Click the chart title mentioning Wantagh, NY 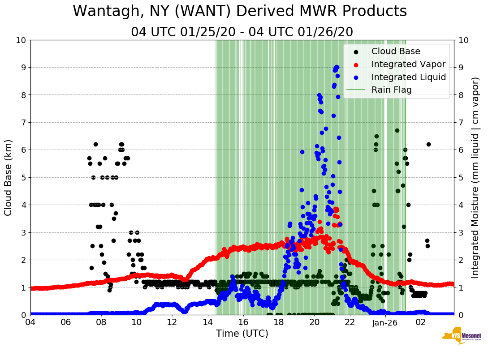[x=240, y=11]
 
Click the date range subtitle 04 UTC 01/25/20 [x=242, y=32]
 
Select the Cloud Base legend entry [x=396, y=51]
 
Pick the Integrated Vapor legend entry [x=408, y=64]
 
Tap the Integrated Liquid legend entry [x=408, y=77]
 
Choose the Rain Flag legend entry [x=391, y=90]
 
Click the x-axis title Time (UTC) [x=242, y=334]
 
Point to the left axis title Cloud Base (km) [x=9, y=177]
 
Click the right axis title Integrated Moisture [x=475, y=177]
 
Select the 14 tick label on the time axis [x=207, y=322]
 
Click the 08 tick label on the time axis [x=101, y=322]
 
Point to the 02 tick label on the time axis [x=421, y=322]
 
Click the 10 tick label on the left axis [x=21, y=40]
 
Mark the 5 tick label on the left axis [x=23, y=177]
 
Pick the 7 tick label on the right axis [x=461, y=122]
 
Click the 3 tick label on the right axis [x=461, y=232]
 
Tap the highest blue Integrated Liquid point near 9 [x=337, y=67]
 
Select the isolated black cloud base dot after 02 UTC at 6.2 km [x=428, y=144]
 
